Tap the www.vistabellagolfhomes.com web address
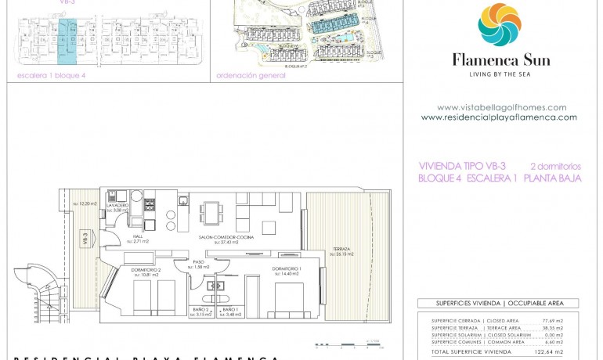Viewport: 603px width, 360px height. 501,107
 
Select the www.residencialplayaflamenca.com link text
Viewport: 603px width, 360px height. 499,117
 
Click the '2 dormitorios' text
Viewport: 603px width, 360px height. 555,166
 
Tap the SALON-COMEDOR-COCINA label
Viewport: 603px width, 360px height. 226,237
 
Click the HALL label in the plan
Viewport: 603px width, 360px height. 138,237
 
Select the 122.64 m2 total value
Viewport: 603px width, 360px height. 553,352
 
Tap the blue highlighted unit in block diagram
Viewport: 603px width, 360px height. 67,42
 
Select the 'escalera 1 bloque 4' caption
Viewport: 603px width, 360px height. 51,76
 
